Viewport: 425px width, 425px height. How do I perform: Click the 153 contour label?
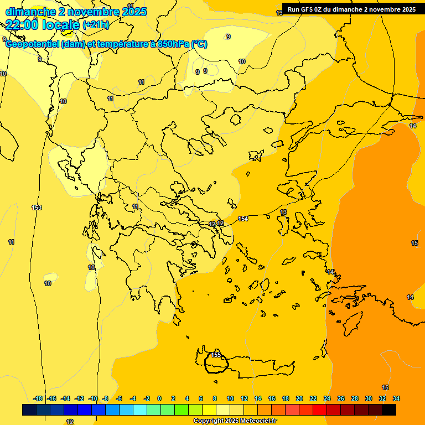[x=37, y=208]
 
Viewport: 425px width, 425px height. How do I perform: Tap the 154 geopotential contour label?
[x=242, y=219]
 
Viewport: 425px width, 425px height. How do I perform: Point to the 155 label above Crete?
[x=216, y=355]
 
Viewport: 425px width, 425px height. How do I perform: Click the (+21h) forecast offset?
[x=96, y=24]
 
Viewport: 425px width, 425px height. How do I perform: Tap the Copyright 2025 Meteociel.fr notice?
[x=235, y=421]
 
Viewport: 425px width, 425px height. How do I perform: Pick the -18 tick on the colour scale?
[x=38, y=398]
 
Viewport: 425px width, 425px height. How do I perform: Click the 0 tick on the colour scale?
[x=159, y=398]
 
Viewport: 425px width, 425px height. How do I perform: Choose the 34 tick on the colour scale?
[x=396, y=398]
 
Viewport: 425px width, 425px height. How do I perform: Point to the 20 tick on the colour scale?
[x=299, y=398]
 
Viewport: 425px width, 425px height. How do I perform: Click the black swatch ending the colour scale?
[x=389, y=410]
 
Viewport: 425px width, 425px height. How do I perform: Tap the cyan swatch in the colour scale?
[x=139, y=410]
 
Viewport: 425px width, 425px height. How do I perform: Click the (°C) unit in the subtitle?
[x=199, y=44]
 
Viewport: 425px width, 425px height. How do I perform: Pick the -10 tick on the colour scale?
[x=92, y=398]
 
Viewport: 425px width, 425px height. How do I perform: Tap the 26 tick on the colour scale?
[x=341, y=398]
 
